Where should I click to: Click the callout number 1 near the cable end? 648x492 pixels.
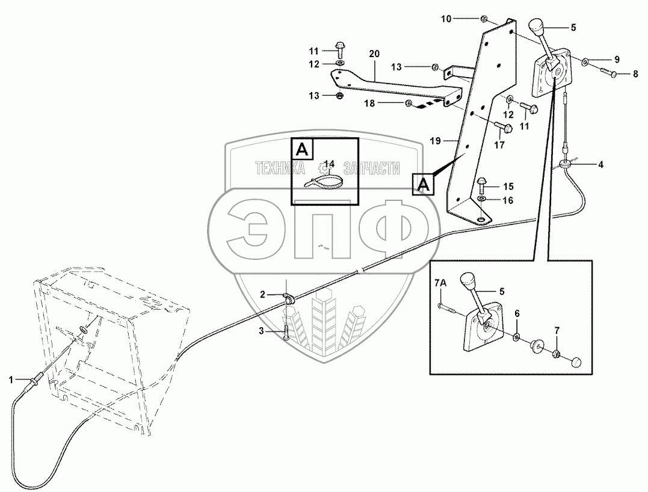point(11,380)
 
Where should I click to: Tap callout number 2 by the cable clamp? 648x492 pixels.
point(262,294)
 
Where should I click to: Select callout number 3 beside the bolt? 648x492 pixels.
point(262,330)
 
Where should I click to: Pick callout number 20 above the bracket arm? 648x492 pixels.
point(374,54)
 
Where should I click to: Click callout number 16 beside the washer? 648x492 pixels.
point(508,200)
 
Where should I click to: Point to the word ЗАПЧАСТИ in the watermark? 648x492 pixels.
point(371,168)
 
